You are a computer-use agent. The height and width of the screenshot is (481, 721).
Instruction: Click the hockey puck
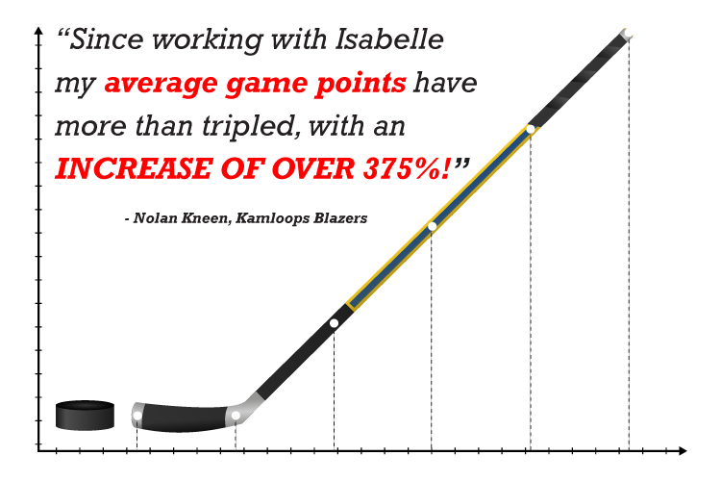click(x=85, y=416)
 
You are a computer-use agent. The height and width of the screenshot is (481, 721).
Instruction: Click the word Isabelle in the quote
click(x=389, y=38)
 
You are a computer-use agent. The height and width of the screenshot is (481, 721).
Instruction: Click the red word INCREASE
click(x=134, y=168)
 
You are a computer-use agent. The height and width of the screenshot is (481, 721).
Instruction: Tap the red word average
click(x=162, y=84)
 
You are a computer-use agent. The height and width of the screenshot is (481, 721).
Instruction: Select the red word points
click(x=360, y=84)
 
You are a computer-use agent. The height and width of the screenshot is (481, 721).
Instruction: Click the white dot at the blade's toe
click(x=137, y=416)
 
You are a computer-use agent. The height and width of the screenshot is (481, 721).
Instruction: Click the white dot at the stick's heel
click(x=236, y=416)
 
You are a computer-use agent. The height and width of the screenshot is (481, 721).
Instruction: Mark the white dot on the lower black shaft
click(x=335, y=323)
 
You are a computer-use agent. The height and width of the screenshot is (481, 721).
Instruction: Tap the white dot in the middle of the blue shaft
click(x=432, y=226)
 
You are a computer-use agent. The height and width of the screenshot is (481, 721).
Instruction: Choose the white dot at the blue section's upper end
click(x=530, y=129)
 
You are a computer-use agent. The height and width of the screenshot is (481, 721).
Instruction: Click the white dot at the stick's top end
click(x=628, y=35)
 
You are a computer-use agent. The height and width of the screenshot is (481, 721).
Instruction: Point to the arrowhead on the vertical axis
click(x=38, y=32)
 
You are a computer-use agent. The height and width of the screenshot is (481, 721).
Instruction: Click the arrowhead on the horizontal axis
click(x=683, y=450)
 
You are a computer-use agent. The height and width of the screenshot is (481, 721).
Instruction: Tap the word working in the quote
click(x=208, y=40)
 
